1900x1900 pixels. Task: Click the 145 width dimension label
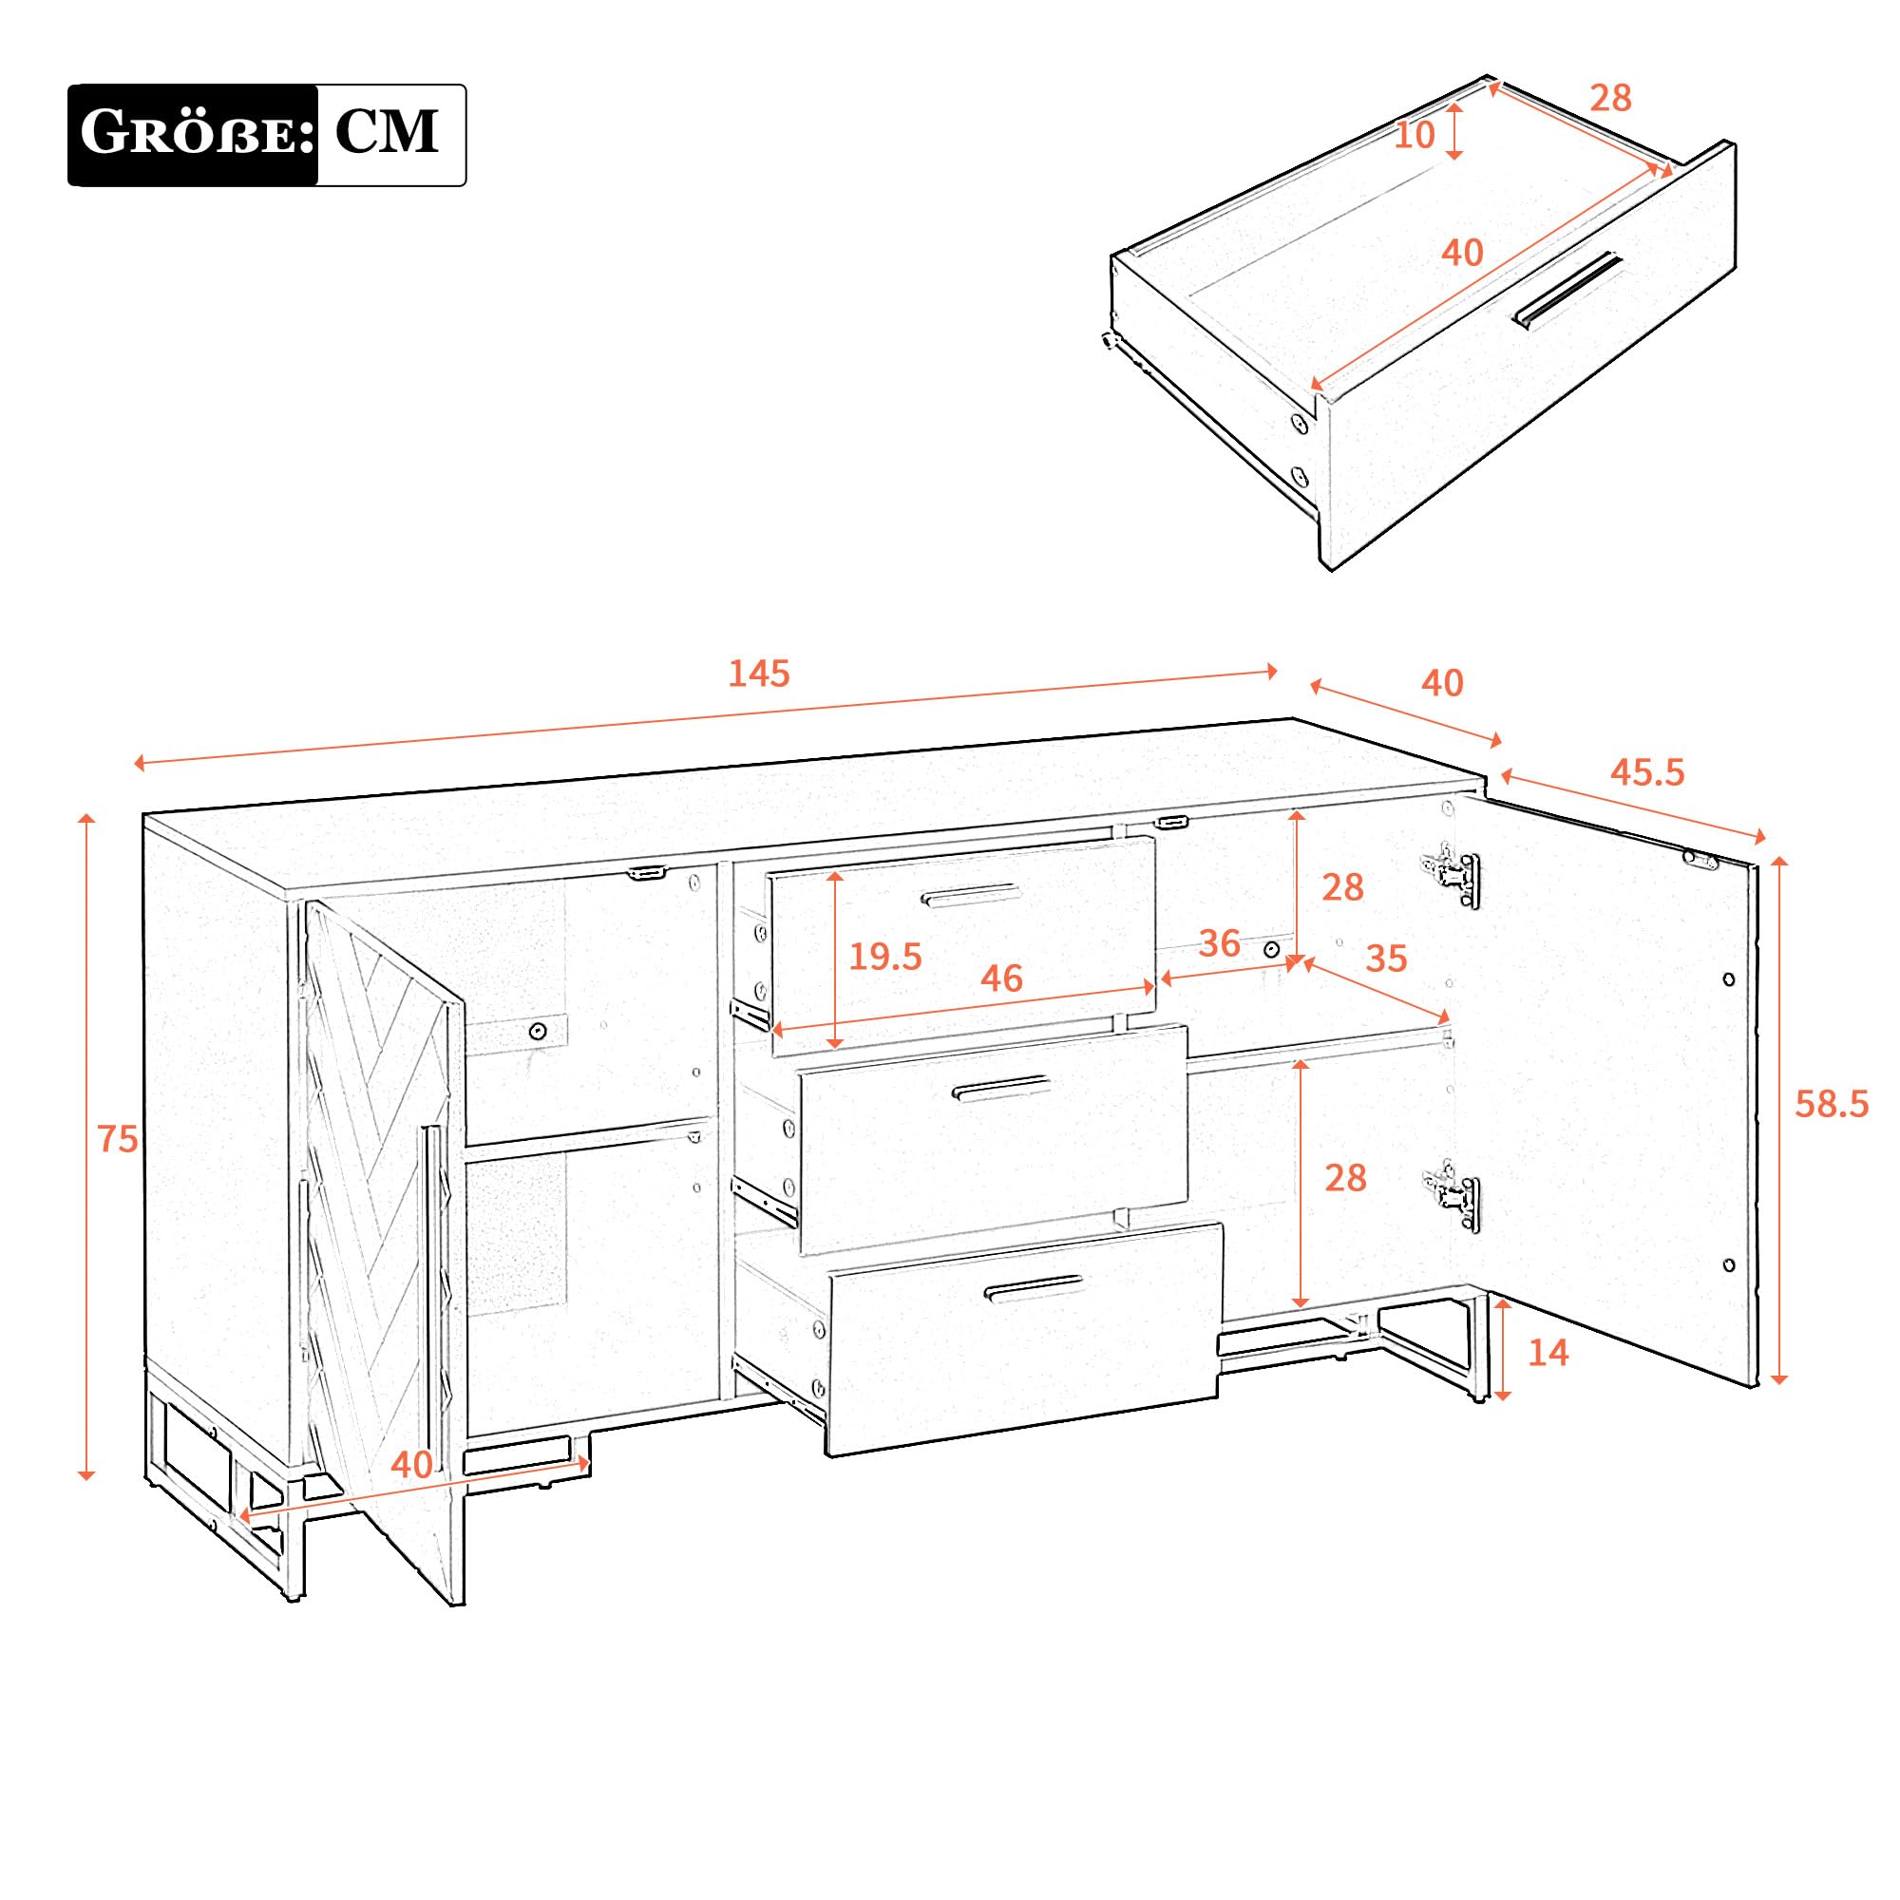759,674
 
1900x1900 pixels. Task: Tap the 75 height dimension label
117,1139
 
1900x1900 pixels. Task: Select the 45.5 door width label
1647,772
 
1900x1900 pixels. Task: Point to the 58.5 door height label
1832,1105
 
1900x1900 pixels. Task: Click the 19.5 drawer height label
885,956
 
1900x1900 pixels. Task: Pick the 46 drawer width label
1001,978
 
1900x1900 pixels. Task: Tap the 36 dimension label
1220,944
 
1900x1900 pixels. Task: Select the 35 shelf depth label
1387,958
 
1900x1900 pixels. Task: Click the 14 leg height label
1548,1353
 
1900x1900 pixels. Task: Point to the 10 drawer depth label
1415,136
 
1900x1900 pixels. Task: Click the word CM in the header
387,132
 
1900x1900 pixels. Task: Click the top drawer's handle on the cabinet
971,895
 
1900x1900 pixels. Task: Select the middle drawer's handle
1001,1089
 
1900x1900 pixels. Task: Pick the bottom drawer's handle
1033,1288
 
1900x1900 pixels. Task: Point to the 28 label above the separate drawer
1611,99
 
